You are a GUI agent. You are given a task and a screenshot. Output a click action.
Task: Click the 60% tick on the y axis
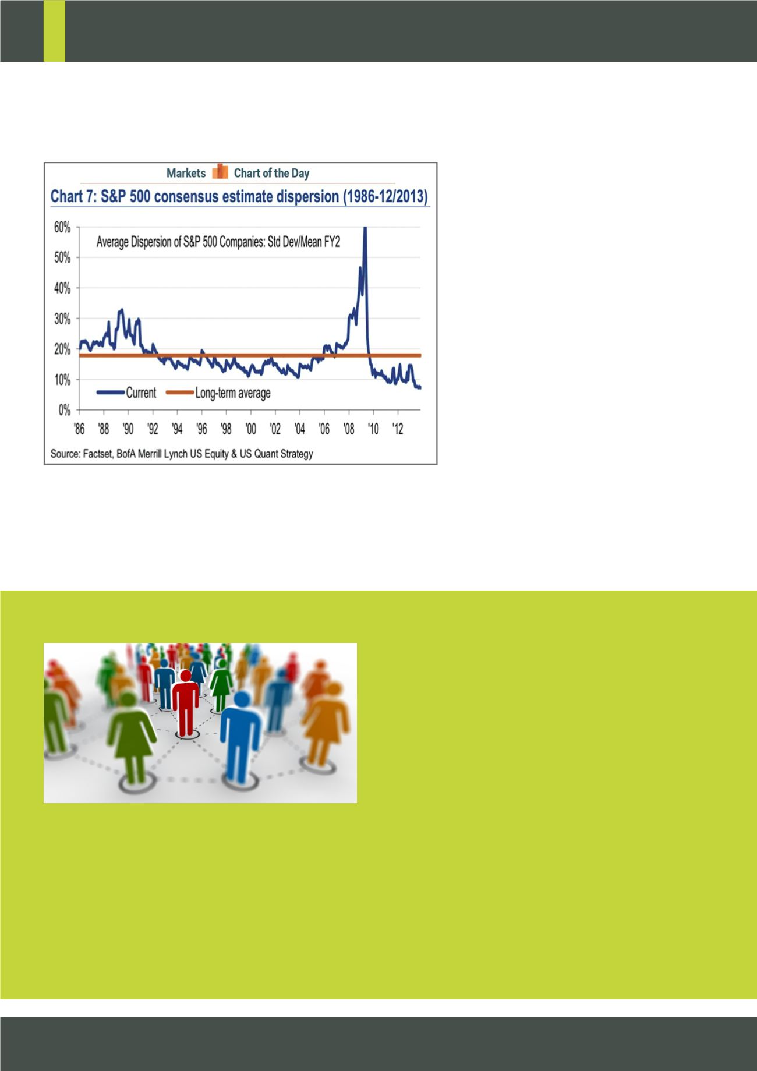63,228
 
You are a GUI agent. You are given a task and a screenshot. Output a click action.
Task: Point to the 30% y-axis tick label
63,319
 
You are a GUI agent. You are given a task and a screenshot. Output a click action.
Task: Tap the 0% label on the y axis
65,411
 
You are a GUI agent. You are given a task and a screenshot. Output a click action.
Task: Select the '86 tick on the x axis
79,429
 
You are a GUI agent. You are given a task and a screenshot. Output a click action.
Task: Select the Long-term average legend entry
218,393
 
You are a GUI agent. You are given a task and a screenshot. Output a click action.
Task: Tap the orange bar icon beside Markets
220,172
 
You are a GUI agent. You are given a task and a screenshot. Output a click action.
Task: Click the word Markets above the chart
186,173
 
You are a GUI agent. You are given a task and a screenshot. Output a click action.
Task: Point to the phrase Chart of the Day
271,173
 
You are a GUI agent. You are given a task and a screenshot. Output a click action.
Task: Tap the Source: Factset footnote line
182,453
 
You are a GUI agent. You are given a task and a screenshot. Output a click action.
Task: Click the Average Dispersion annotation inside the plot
218,241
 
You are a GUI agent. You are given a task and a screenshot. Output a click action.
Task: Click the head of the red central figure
185,676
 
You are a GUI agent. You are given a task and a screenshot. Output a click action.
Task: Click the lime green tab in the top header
54,31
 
